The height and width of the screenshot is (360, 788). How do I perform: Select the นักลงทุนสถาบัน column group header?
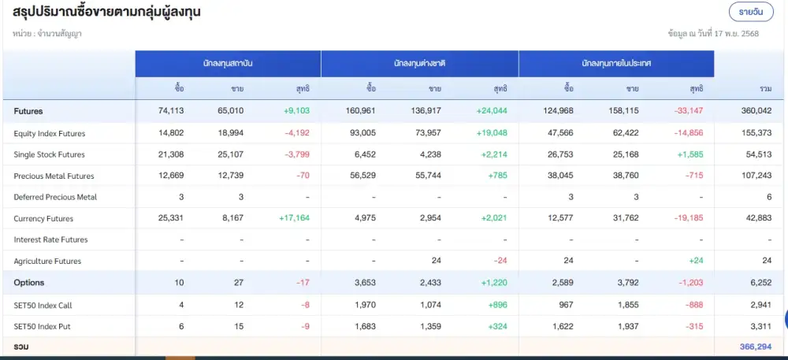click(x=228, y=62)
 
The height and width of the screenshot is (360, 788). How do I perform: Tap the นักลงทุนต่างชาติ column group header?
click(x=419, y=62)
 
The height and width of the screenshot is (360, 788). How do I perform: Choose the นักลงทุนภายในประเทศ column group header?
click(x=616, y=62)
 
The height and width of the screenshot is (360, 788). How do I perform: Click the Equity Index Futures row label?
click(x=50, y=133)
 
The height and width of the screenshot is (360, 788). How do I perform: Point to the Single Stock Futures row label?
click(x=50, y=154)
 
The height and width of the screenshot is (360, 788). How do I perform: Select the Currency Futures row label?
click(x=43, y=218)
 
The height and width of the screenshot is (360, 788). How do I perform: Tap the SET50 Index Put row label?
click(x=42, y=325)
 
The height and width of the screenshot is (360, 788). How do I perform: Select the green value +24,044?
click(x=491, y=111)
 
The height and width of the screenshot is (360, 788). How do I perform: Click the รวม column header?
click(x=765, y=88)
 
